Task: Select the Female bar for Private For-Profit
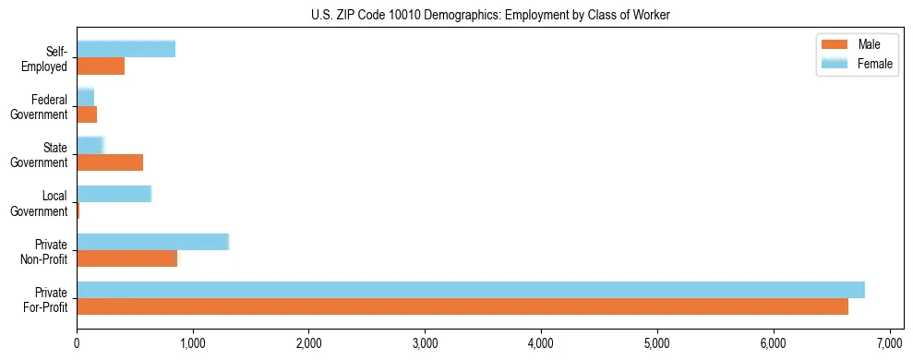[470, 290]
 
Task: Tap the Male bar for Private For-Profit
[462, 306]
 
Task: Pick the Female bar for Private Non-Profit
[152, 242]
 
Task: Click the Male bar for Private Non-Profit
[126, 258]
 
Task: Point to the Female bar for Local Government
[114, 194]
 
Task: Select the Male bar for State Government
[110, 162]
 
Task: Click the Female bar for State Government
[90, 145]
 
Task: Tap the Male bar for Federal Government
[87, 114]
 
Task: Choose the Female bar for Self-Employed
[126, 49]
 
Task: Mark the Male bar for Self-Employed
[101, 66]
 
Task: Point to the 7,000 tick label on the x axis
[889, 343]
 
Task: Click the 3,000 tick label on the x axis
[425, 343]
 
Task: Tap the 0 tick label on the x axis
[77, 343]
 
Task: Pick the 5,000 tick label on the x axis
[657, 343]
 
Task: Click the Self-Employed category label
[50, 58]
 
